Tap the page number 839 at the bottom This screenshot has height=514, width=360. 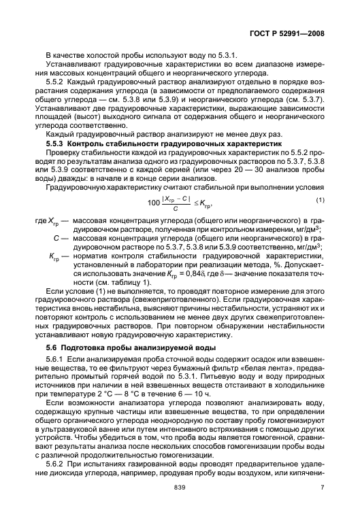pos(180,487)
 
